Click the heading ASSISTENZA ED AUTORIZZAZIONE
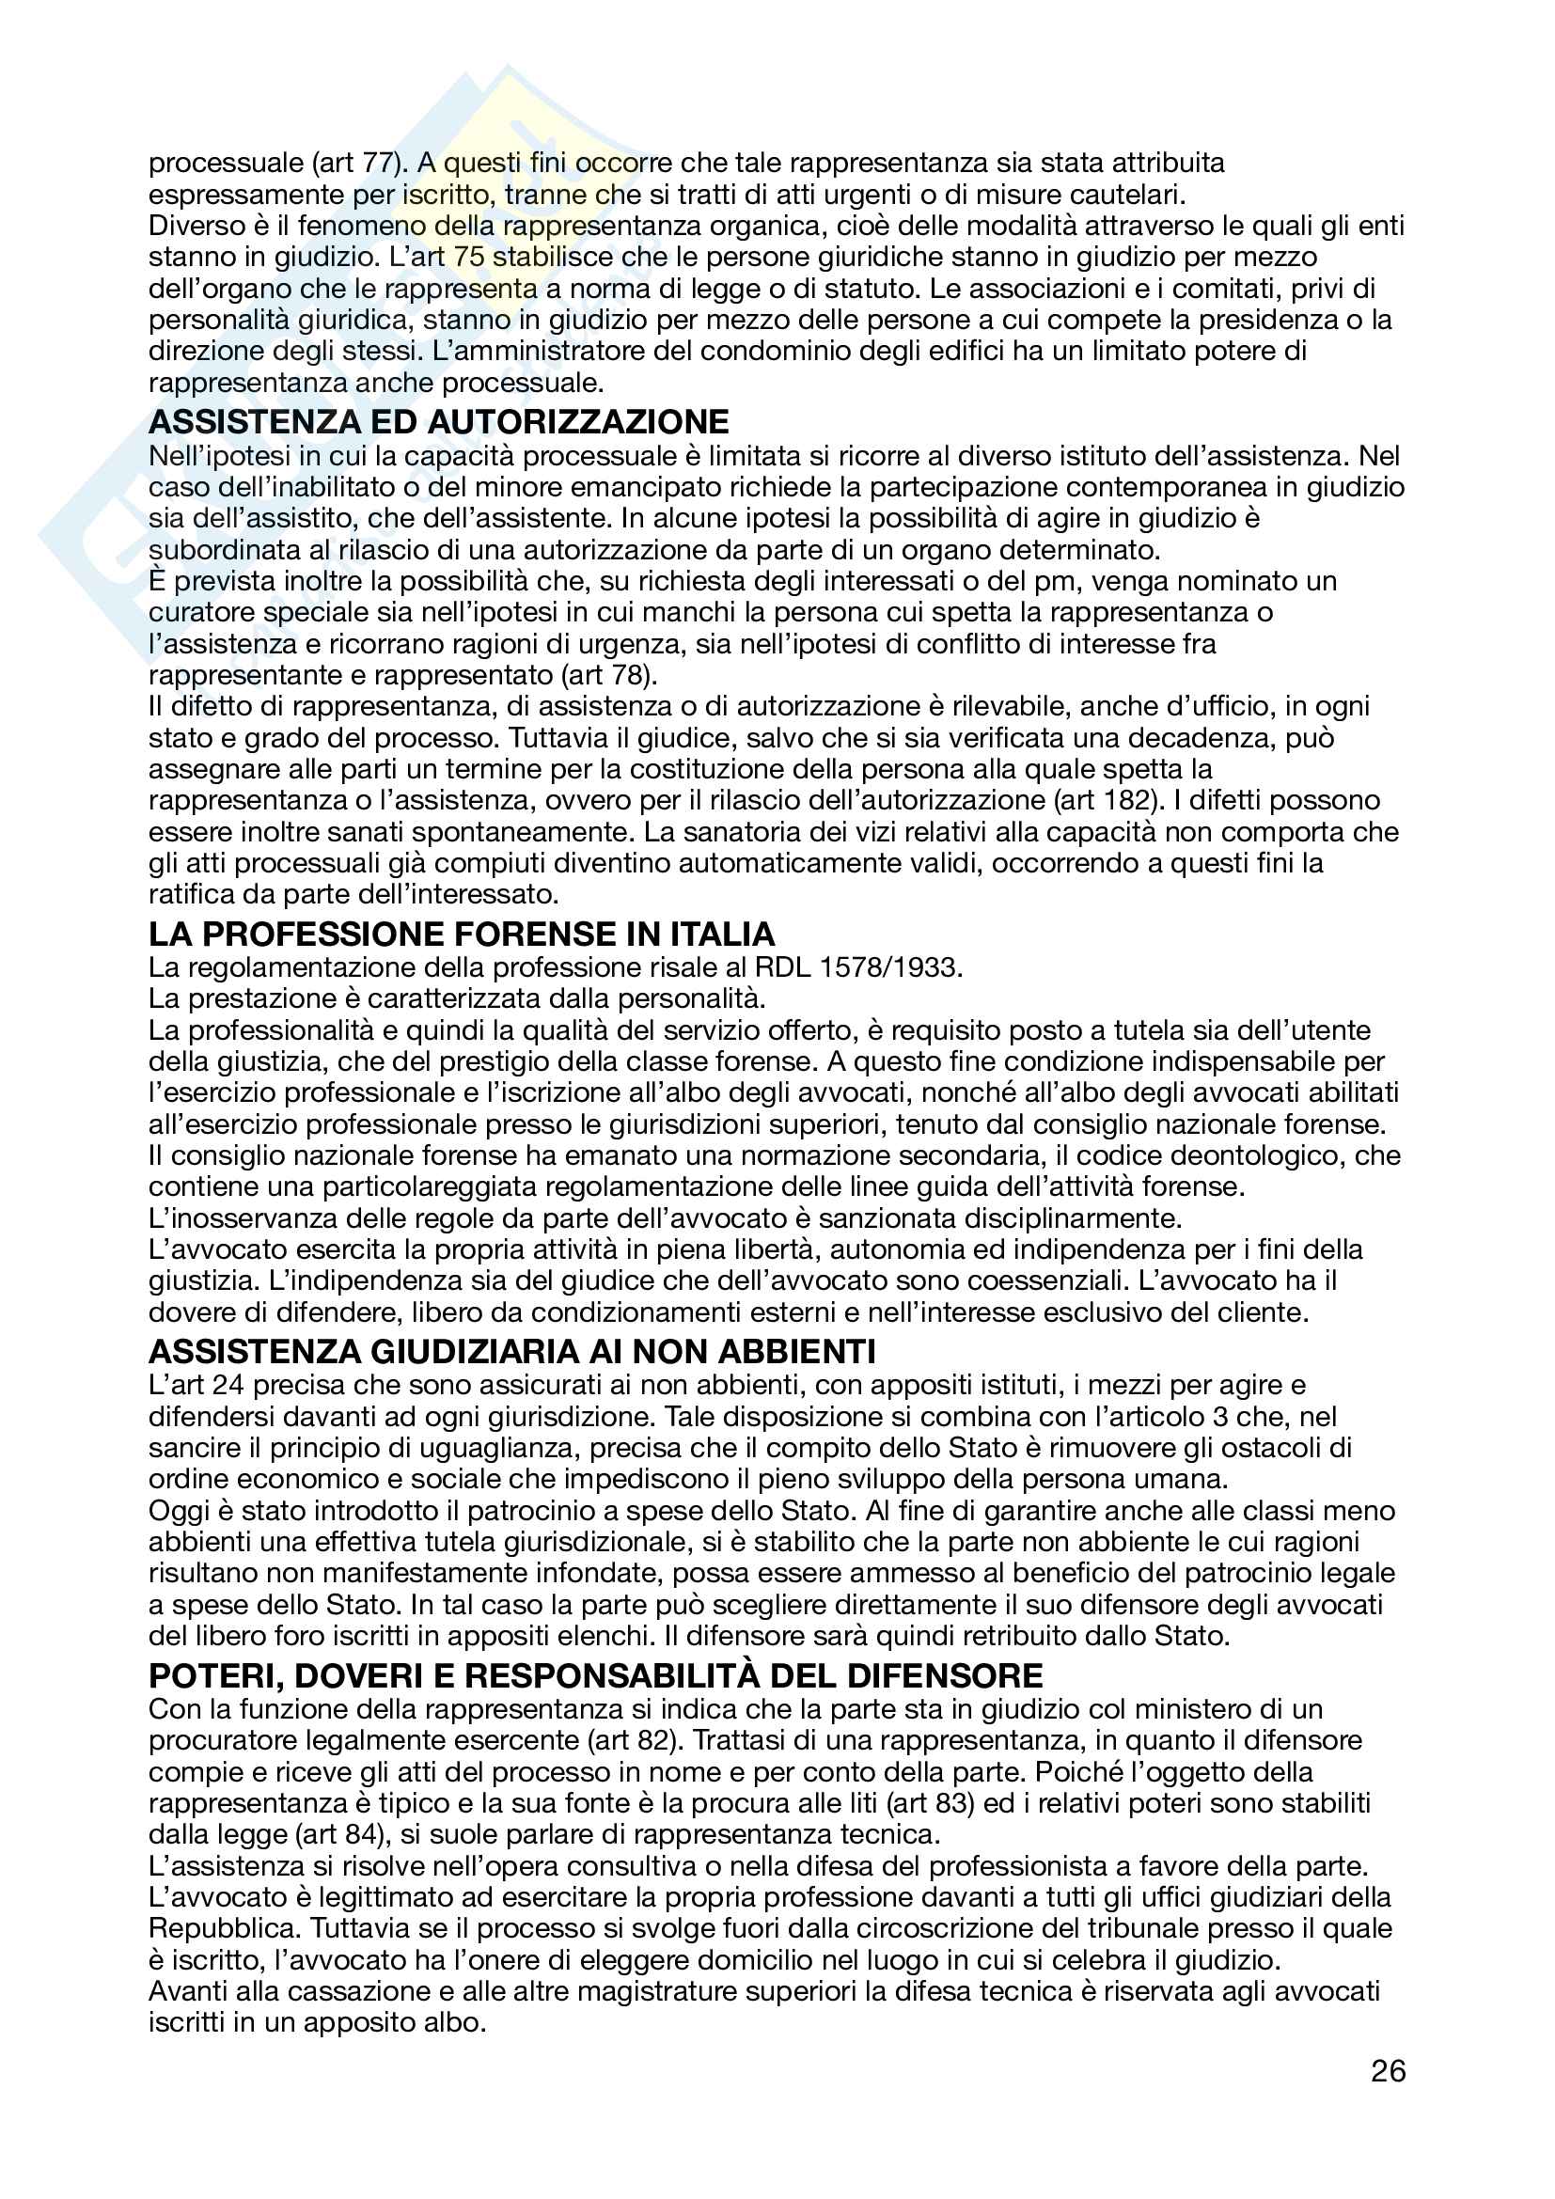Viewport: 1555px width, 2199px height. (438, 422)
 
